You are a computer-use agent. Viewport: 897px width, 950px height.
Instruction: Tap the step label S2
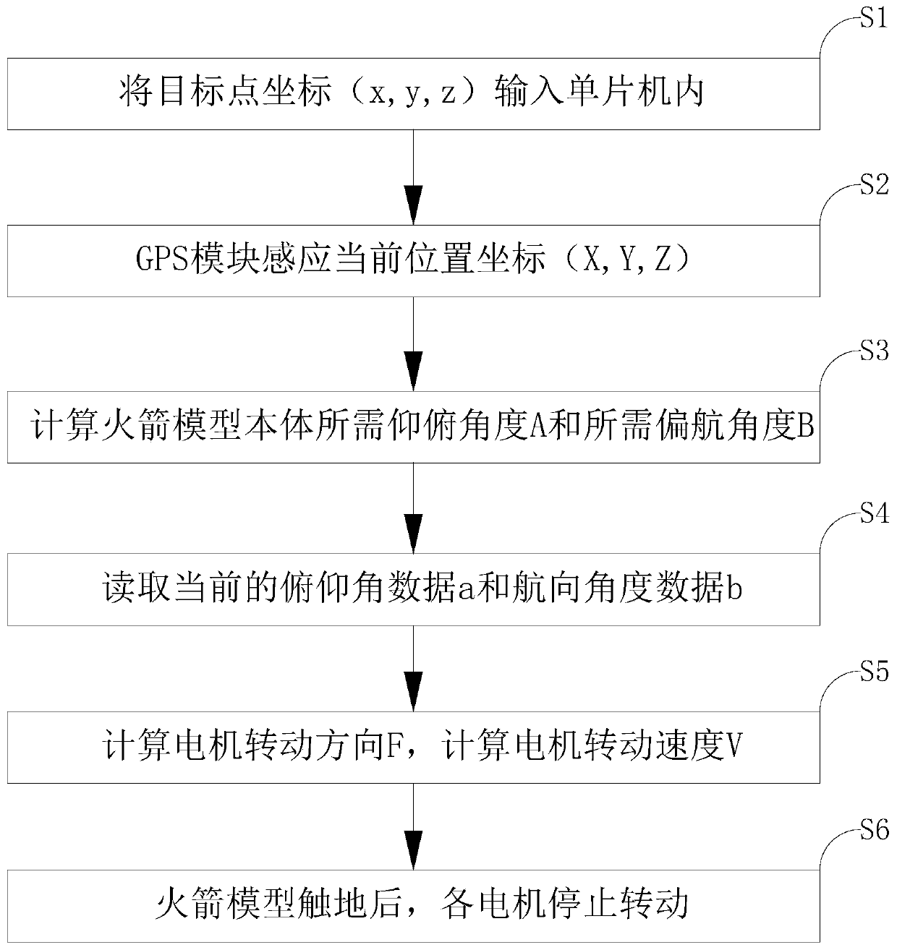pyautogui.click(x=873, y=185)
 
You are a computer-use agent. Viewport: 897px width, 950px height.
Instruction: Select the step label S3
pyautogui.click(x=873, y=352)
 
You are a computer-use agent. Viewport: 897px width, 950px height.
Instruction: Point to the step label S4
pyautogui.click(x=873, y=515)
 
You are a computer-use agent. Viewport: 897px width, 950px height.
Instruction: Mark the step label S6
pyautogui.click(x=873, y=831)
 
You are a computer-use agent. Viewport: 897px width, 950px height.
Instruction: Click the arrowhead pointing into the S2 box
pyautogui.click(x=413, y=208)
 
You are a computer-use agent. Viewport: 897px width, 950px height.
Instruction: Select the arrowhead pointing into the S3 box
pyautogui.click(x=413, y=373)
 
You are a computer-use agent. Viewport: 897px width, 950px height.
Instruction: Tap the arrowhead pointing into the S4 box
pyautogui.click(x=413, y=536)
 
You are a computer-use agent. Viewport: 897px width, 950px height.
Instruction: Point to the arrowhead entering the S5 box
pyautogui.click(x=413, y=693)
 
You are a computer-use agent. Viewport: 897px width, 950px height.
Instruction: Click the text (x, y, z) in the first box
pyautogui.click(x=412, y=95)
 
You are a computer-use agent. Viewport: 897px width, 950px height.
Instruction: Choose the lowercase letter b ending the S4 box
pyautogui.click(x=734, y=590)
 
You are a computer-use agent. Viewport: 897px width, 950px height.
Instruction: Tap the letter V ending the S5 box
pyautogui.click(x=734, y=748)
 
